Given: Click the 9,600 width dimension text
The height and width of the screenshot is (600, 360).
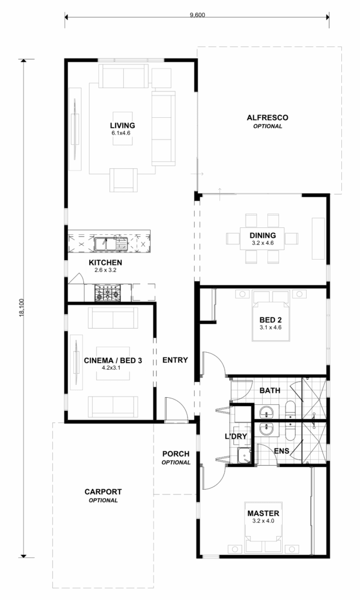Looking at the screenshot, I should pos(197,15).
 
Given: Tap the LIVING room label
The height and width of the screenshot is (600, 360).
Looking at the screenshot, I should pos(122,125).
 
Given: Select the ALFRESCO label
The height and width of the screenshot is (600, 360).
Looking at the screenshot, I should pos(267,118).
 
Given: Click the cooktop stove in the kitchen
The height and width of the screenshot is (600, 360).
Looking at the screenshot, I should pos(107,292).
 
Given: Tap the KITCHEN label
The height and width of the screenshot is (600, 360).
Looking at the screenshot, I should pos(106,262).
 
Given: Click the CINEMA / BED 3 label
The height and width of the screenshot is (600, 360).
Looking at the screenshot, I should pos(113,361).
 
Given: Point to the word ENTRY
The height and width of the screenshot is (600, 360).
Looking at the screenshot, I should pos(175,360).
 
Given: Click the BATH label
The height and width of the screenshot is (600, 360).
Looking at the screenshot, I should pos(270,390).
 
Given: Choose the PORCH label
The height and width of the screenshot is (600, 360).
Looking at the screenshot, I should pos(176,454).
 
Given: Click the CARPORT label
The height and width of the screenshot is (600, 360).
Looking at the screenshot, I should pos(103,492).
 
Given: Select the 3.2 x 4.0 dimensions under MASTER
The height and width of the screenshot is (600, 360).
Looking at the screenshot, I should pos(263,520).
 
